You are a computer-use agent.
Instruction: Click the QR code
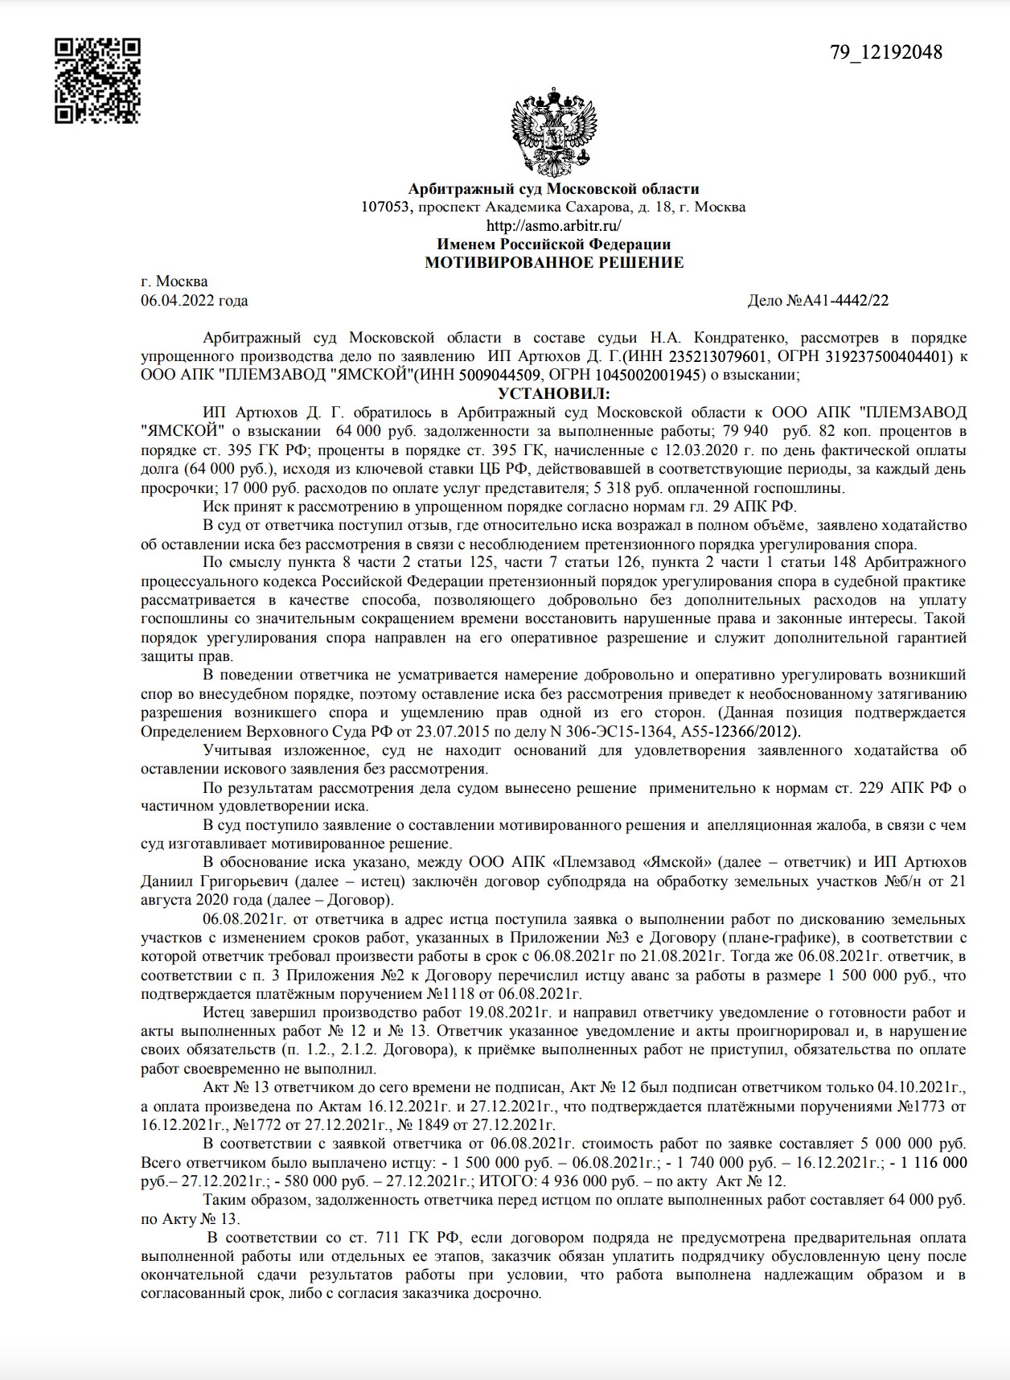[97, 80]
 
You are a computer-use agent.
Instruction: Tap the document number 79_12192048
[886, 53]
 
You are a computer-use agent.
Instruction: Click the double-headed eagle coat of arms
[554, 133]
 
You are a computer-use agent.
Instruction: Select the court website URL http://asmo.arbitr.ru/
[553, 225]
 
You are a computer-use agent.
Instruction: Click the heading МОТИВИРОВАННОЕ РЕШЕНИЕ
[554, 263]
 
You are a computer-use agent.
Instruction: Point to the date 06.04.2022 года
[195, 301]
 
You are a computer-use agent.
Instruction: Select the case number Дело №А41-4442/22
[818, 301]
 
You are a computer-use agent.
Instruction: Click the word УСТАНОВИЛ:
[554, 394]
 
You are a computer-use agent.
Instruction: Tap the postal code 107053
[386, 207]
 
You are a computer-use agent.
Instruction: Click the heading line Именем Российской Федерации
[554, 244]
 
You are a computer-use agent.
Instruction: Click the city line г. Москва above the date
[174, 281]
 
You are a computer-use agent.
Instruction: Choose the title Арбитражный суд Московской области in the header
[554, 189]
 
